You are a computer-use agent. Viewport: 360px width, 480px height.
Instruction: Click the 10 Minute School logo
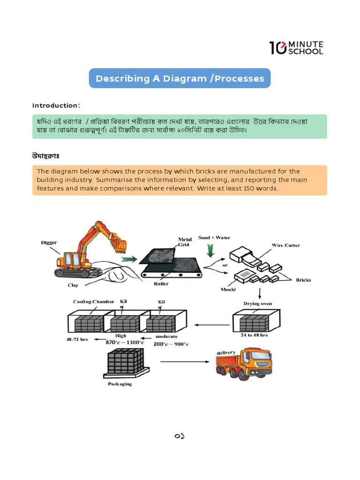coord(296,47)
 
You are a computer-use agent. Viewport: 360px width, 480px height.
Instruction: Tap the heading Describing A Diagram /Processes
coord(180,78)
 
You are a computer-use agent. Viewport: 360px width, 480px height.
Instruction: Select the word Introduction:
coord(56,105)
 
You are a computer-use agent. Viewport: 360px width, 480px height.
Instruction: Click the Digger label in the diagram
coord(49,243)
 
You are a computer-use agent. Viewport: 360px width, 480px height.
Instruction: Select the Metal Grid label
coord(185,242)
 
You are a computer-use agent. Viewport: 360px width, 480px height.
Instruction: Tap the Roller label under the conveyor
coord(161,284)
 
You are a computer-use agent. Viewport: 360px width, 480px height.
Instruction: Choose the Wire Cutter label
coord(286,245)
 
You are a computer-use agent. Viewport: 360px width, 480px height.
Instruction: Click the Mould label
coord(228,289)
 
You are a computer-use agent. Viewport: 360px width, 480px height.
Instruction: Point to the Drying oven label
coord(257,304)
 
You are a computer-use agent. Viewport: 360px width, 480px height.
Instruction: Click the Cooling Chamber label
coord(93,301)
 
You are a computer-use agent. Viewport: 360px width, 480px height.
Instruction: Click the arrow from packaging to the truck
coord(184,361)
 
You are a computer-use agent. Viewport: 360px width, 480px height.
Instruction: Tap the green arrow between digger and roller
coord(127,259)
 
